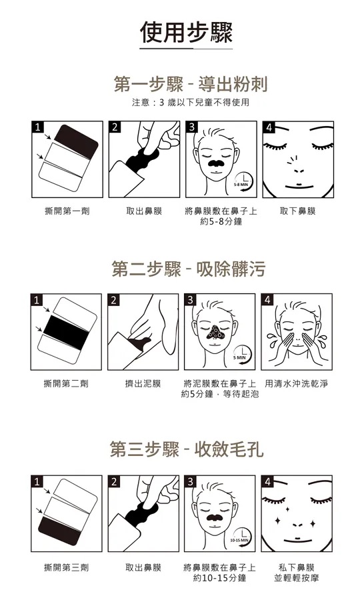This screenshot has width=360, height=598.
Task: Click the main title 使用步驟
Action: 186,33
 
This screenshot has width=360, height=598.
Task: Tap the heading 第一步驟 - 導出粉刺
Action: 190,84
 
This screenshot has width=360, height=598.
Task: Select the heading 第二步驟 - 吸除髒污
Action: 189,269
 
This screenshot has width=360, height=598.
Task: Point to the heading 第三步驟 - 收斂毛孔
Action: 187,449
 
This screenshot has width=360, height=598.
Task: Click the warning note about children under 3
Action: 190,102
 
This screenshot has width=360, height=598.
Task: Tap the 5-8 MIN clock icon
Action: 243,181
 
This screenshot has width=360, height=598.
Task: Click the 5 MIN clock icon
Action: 241,354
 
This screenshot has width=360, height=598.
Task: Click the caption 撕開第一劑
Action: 67,211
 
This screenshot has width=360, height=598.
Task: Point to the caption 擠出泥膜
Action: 143,383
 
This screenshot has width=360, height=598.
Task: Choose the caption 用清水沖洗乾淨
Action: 296,383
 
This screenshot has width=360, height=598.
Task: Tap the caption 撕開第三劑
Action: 67,567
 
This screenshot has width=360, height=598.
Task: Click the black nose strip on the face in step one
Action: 216,163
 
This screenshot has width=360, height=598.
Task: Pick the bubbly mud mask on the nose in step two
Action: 215,333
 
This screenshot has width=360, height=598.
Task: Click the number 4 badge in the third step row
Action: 268,482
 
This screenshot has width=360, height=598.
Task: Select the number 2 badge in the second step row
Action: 113,300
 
